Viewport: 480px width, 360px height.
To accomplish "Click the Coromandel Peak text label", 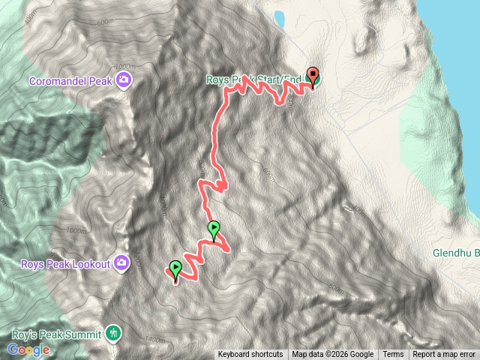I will point(71,80).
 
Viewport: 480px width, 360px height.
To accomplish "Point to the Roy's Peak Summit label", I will point(55,334).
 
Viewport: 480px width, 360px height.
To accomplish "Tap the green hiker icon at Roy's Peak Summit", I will point(112,332).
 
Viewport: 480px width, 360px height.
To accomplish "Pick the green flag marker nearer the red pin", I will point(214,229).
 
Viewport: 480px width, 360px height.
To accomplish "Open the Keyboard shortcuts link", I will point(250,355).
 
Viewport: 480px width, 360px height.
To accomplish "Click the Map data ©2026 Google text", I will point(332,355).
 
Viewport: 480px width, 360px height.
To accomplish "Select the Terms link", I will point(393,355).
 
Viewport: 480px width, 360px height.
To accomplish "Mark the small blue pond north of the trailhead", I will point(279,16).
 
